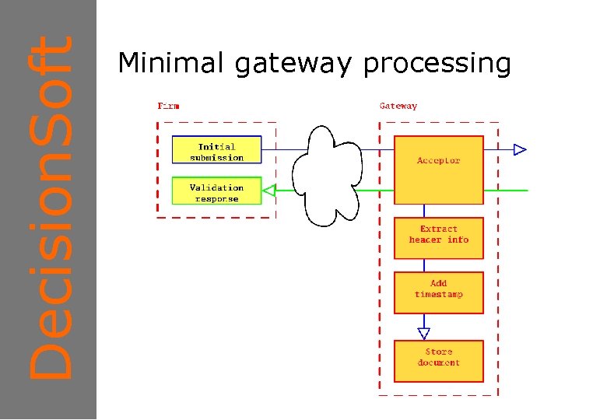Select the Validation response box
pyautogui.click(x=216, y=191)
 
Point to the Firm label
pyautogui.click(x=168, y=106)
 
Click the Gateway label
pyautogui.click(x=398, y=106)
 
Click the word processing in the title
pyautogui.click(x=437, y=65)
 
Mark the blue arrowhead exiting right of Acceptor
pyautogui.click(x=520, y=149)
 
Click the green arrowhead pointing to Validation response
pyautogui.click(x=269, y=190)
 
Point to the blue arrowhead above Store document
pyautogui.click(x=423, y=333)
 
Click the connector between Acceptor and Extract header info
pyautogui.click(x=423, y=211)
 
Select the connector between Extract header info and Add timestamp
pyautogui.click(x=423, y=265)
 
